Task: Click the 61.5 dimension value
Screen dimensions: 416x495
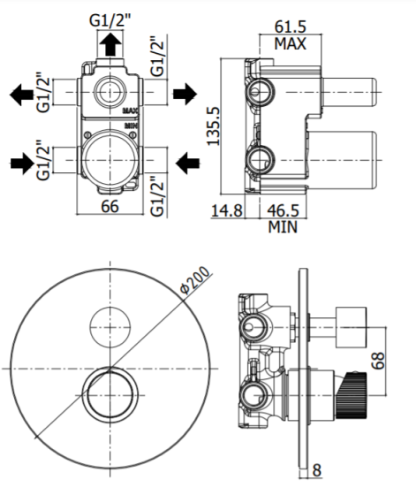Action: pyautogui.click(x=291, y=27)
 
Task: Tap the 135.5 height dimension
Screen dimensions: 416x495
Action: pyautogui.click(x=213, y=126)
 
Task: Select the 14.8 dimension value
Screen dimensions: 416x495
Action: pyautogui.click(x=227, y=210)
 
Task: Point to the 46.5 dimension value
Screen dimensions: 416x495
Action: pyautogui.click(x=283, y=210)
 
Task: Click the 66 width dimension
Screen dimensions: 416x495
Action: pyautogui.click(x=110, y=207)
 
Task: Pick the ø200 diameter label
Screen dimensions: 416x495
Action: pyautogui.click(x=194, y=280)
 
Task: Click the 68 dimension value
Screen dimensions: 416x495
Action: pyautogui.click(x=378, y=361)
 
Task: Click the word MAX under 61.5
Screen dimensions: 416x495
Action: pyautogui.click(x=291, y=43)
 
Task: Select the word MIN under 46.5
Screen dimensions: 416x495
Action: pyautogui.click(x=283, y=227)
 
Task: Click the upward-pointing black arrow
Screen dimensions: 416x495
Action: pyautogui.click(x=110, y=44)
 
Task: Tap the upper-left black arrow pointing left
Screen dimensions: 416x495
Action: pyautogui.click(x=21, y=95)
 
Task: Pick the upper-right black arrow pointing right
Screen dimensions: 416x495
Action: pyautogui.click(x=185, y=94)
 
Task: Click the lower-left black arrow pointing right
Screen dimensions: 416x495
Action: pyautogui.click(x=22, y=164)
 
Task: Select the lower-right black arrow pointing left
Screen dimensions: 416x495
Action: pyautogui.click(x=187, y=164)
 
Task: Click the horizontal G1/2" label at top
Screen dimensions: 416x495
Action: pyautogui.click(x=110, y=21)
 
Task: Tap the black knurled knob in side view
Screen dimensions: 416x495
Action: pyautogui.click(x=352, y=396)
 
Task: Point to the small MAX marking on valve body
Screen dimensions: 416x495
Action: pyautogui.click(x=130, y=110)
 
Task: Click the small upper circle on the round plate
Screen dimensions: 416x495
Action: pyautogui.click(x=110, y=327)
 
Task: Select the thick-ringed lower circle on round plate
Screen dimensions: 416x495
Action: pyautogui.click(x=83, y=396)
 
